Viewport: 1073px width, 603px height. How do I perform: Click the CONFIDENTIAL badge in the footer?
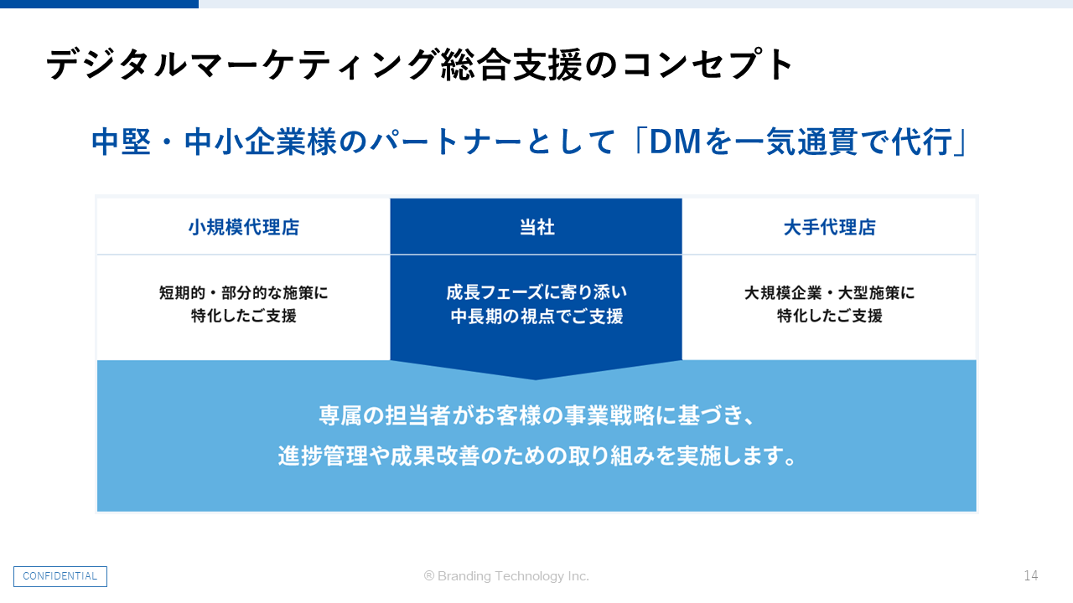60,576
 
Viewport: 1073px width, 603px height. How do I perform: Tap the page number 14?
1031,575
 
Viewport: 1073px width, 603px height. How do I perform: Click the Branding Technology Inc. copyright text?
506,575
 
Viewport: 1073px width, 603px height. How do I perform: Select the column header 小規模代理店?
244,227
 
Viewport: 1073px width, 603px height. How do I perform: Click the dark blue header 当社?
537,227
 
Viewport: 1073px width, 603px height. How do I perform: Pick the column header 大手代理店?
830,227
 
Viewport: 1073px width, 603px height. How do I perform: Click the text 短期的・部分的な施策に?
244,292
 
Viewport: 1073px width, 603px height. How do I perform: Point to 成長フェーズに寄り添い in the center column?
536,292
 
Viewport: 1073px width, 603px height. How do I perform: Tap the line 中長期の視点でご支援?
536,317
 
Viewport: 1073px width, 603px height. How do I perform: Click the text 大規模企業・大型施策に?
830,292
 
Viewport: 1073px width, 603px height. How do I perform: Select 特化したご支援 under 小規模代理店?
244,316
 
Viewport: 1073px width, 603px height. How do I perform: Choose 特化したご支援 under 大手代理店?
830,316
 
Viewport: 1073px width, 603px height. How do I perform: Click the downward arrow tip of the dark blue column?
536,379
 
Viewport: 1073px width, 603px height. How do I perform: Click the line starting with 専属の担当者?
536,415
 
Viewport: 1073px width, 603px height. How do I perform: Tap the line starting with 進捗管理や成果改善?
536,456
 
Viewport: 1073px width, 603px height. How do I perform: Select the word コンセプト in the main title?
707,64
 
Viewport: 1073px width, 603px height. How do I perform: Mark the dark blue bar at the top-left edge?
99,4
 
